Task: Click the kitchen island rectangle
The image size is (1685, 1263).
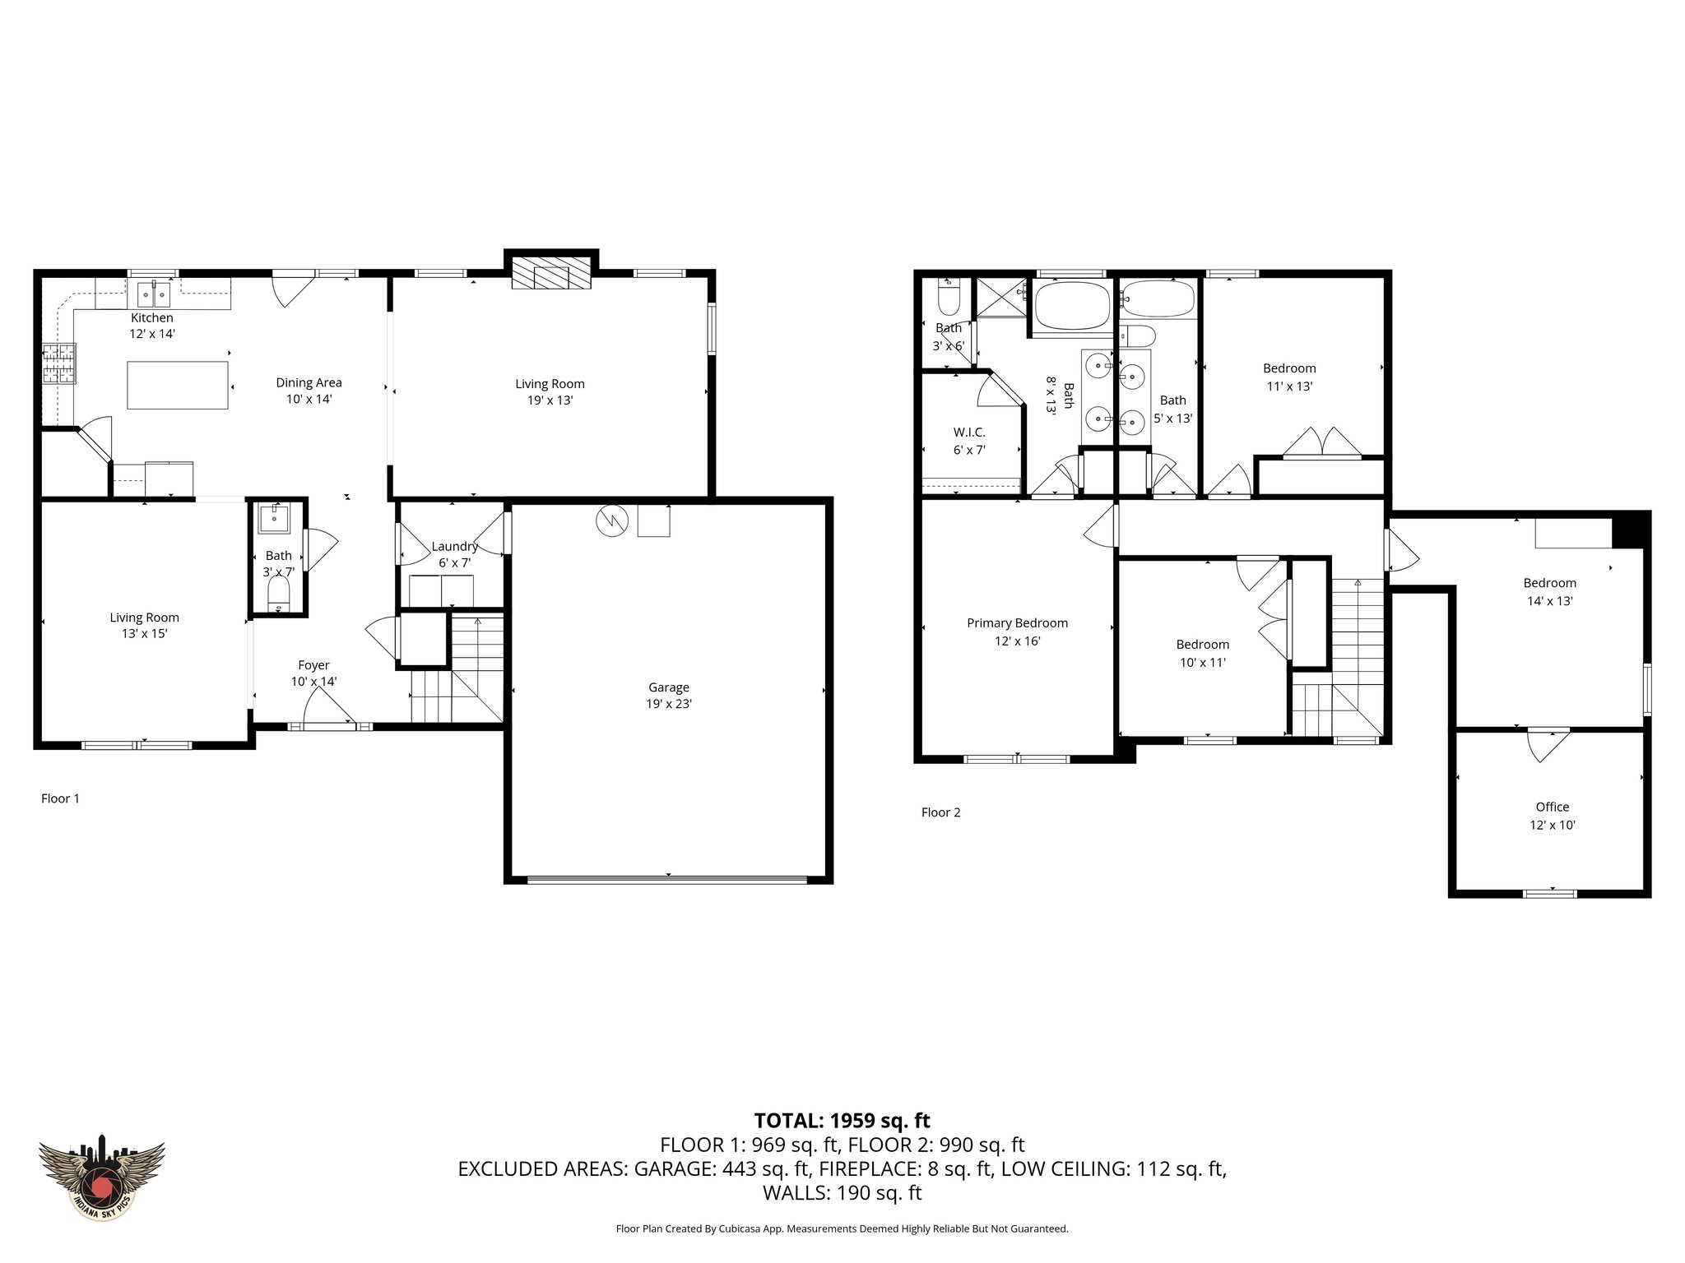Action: click(x=178, y=385)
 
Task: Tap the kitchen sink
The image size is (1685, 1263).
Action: click(x=152, y=293)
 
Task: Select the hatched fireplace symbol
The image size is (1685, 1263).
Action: click(x=551, y=273)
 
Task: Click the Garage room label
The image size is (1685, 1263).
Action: click(x=668, y=687)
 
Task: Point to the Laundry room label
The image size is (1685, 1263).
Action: click(x=454, y=547)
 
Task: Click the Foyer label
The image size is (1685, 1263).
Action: click(x=313, y=665)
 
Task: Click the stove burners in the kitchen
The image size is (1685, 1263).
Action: click(x=58, y=364)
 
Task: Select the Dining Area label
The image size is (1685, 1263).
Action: click(x=309, y=382)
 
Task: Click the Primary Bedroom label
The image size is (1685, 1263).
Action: click(x=1017, y=623)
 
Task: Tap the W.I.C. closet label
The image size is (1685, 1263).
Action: click(x=969, y=433)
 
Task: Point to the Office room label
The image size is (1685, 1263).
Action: click(x=1552, y=807)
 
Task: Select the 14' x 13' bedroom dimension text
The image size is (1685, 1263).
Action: click(x=1550, y=601)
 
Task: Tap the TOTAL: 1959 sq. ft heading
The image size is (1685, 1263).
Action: click(x=842, y=1120)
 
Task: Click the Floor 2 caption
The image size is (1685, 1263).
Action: click(x=940, y=812)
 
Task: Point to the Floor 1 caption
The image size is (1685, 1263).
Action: click(x=60, y=798)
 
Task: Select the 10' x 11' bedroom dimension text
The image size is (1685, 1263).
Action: click(x=1203, y=663)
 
